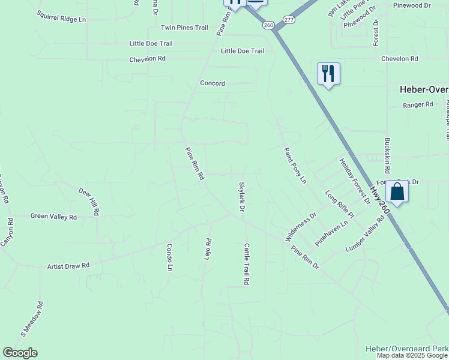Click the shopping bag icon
(x=397, y=192)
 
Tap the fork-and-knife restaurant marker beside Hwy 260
(x=328, y=74)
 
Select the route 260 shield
(x=268, y=25)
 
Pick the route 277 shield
(x=289, y=20)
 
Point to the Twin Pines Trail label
(x=184, y=28)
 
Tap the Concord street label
(x=212, y=83)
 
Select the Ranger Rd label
(x=418, y=104)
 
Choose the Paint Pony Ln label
(x=295, y=166)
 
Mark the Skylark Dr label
(x=242, y=197)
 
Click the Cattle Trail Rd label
(x=246, y=263)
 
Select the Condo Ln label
(x=169, y=257)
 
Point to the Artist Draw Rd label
(x=68, y=265)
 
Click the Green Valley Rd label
(x=53, y=217)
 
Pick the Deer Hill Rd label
(x=89, y=201)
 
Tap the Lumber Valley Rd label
(x=365, y=235)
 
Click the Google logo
(x=20, y=353)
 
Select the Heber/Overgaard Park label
(x=407, y=349)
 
